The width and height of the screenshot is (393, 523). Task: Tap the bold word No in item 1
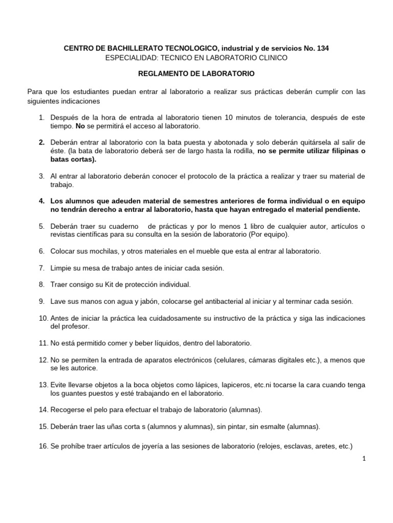[80, 126]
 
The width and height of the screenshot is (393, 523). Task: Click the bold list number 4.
[42, 201]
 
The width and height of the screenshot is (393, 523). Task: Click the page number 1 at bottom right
[364, 459]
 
